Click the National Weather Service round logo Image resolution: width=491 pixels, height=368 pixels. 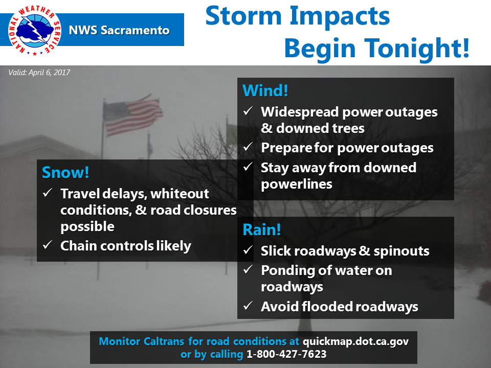(x=34, y=30)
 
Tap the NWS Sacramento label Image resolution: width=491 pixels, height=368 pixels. (x=119, y=30)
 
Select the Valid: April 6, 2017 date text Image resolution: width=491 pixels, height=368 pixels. (x=39, y=73)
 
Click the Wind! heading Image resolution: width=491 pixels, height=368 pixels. (x=265, y=91)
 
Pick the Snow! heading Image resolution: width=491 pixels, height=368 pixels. (x=65, y=172)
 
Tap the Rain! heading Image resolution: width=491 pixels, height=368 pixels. (x=262, y=229)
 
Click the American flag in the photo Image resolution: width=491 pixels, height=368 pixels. (x=132, y=115)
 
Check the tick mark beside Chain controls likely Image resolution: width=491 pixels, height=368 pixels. (x=48, y=244)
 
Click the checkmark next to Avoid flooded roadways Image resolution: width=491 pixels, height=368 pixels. (x=248, y=305)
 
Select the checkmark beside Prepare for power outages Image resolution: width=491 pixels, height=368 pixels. (x=248, y=146)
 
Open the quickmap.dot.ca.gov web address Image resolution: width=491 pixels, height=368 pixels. (x=356, y=341)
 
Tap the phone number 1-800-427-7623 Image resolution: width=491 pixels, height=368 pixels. (x=286, y=354)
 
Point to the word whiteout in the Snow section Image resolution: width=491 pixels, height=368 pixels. (x=180, y=194)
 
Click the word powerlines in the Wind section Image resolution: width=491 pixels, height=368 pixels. (x=297, y=185)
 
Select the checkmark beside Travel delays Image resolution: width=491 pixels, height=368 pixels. (x=48, y=193)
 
